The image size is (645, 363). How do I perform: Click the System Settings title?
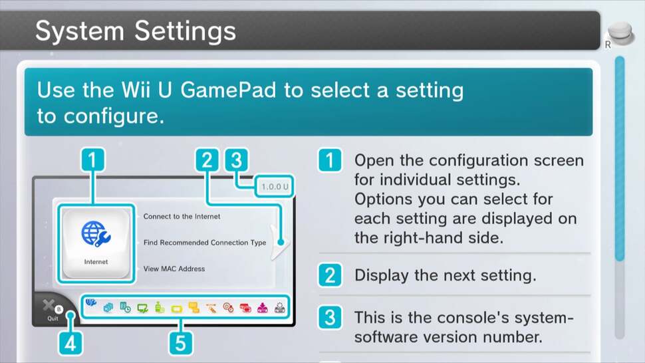(x=136, y=31)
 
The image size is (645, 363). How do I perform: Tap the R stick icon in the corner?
(x=620, y=35)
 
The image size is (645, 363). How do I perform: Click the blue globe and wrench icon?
(x=96, y=234)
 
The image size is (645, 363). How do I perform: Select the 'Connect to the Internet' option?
(x=182, y=216)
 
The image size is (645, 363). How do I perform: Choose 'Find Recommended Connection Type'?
(x=204, y=243)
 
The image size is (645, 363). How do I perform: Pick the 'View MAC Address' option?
(x=174, y=269)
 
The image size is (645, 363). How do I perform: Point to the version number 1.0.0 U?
(x=275, y=187)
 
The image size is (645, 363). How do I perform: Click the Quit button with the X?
(x=52, y=309)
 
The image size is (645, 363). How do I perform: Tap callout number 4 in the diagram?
(x=70, y=343)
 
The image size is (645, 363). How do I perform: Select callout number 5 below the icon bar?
(x=181, y=343)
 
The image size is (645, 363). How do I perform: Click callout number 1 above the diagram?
(x=92, y=160)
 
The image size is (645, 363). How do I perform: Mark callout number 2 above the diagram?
(x=207, y=160)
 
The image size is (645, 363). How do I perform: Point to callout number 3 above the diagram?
(x=237, y=160)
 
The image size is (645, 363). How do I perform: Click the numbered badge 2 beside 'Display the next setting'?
(x=330, y=275)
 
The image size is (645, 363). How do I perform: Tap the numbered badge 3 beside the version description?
(x=330, y=317)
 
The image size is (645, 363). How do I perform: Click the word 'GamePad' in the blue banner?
(x=228, y=90)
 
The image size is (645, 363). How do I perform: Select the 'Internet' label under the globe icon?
(x=96, y=262)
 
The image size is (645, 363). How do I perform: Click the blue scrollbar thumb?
(x=620, y=159)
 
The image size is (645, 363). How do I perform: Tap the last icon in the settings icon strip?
(x=280, y=308)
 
